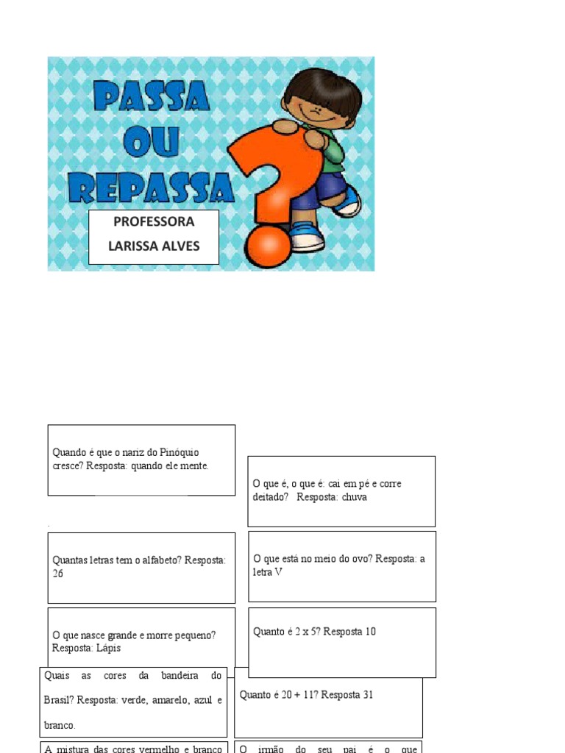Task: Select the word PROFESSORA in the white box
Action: [x=154, y=222]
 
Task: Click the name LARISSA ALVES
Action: [x=154, y=246]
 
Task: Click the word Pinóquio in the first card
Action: [x=180, y=452]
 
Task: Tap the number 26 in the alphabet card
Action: [x=58, y=574]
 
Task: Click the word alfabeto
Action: [x=157, y=560]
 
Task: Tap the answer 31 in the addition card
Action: [x=368, y=695]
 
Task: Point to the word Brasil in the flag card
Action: [x=59, y=700]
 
